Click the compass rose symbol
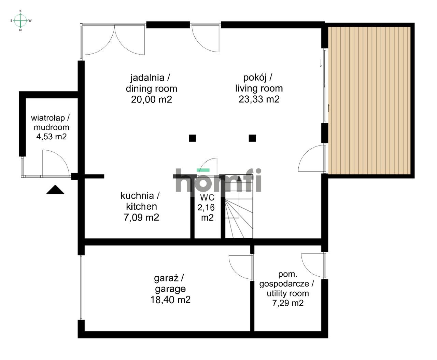pyautogui.click(x=21, y=20)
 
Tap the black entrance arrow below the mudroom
pyautogui.click(x=55, y=190)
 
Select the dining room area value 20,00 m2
pyautogui.click(x=151, y=99)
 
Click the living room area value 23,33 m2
pyautogui.click(x=259, y=99)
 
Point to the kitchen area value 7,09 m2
pyautogui.click(x=141, y=217)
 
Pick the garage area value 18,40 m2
pyautogui.click(x=170, y=300)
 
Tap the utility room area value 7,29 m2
pyautogui.click(x=288, y=303)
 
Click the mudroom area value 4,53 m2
pyautogui.click(x=51, y=137)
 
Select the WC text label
pyautogui.click(x=207, y=197)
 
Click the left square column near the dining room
pyautogui.click(x=193, y=138)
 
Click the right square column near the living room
pyautogui.click(x=252, y=138)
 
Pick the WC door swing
pyautogui.click(x=209, y=166)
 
